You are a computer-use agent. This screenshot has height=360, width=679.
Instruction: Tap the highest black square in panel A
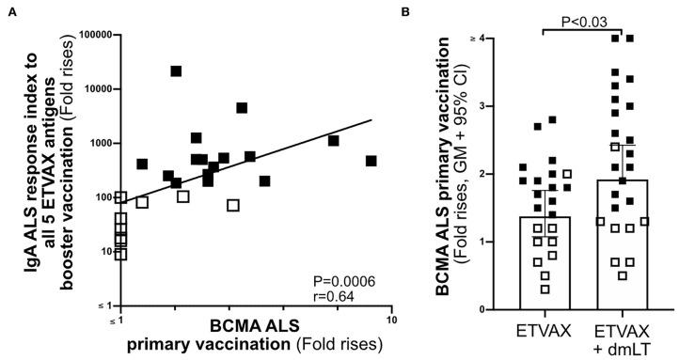point(176,71)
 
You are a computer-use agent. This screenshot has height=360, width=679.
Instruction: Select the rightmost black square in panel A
point(371,161)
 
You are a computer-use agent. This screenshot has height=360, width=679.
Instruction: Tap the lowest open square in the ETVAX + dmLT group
point(623,275)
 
